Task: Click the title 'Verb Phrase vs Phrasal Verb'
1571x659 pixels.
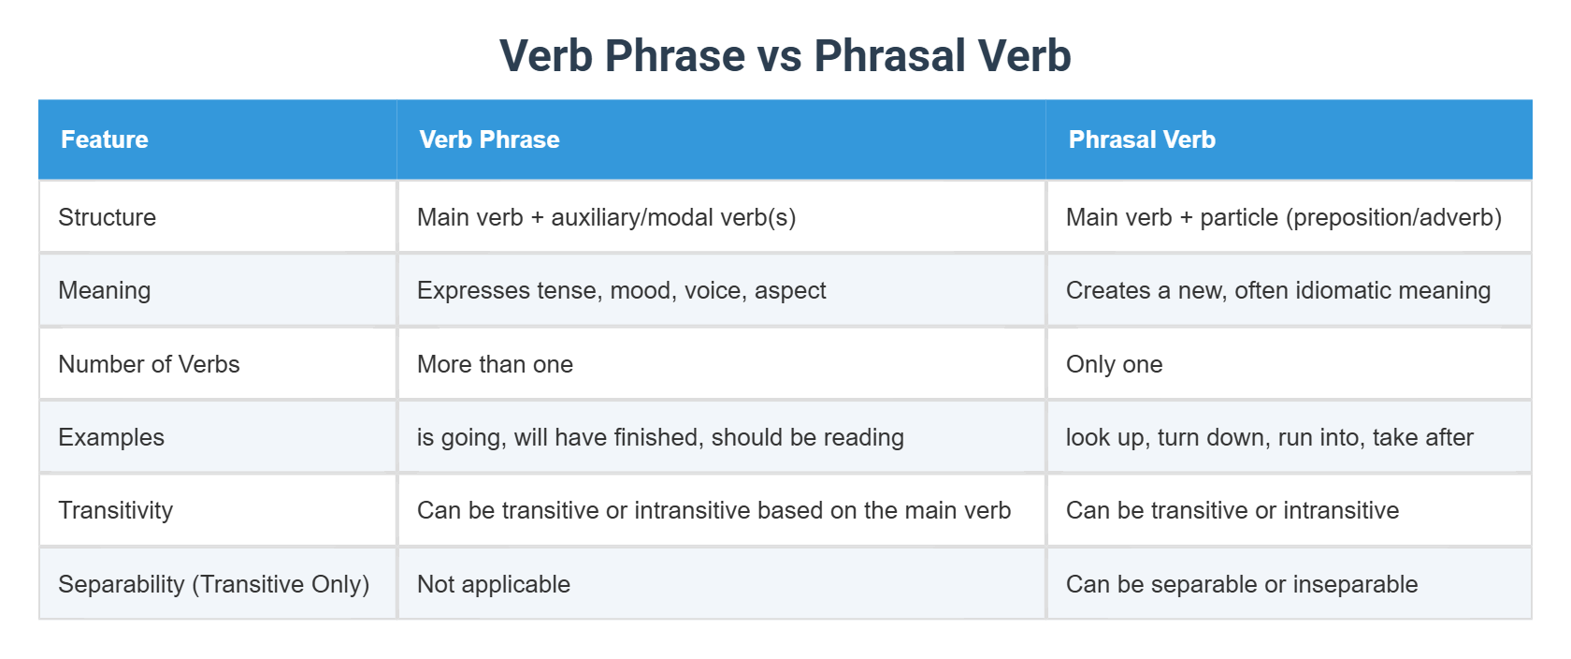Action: [x=785, y=55]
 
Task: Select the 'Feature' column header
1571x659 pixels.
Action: [x=105, y=139]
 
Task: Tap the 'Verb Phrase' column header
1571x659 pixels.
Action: [x=489, y=139]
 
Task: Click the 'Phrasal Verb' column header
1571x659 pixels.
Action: [x=1142, y=139]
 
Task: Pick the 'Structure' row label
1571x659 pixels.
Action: [x=108, y=217]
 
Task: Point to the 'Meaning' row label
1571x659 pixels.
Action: [x=105, y=290]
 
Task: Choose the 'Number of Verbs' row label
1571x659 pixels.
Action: [x=149, y=364]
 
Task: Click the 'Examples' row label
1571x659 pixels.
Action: [x=111, y=437]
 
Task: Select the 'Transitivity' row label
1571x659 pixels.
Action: [x=116, y=510]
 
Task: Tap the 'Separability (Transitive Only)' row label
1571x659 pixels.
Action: [x=214, y=584]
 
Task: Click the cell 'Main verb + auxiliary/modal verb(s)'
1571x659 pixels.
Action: [x=607, y=217]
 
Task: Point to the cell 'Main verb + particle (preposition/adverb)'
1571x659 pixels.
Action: [x=1284, y=217]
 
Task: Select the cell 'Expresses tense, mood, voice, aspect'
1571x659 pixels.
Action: [x=622, y=290]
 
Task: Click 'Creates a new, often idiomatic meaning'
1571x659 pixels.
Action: [x=1278, y=290]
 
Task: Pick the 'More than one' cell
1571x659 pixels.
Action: [x=496, y=364]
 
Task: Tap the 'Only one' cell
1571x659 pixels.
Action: [x=1115, y=364]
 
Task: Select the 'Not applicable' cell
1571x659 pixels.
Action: [x=494, y=584]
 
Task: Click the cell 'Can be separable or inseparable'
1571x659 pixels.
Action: [x=1242, y=584]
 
